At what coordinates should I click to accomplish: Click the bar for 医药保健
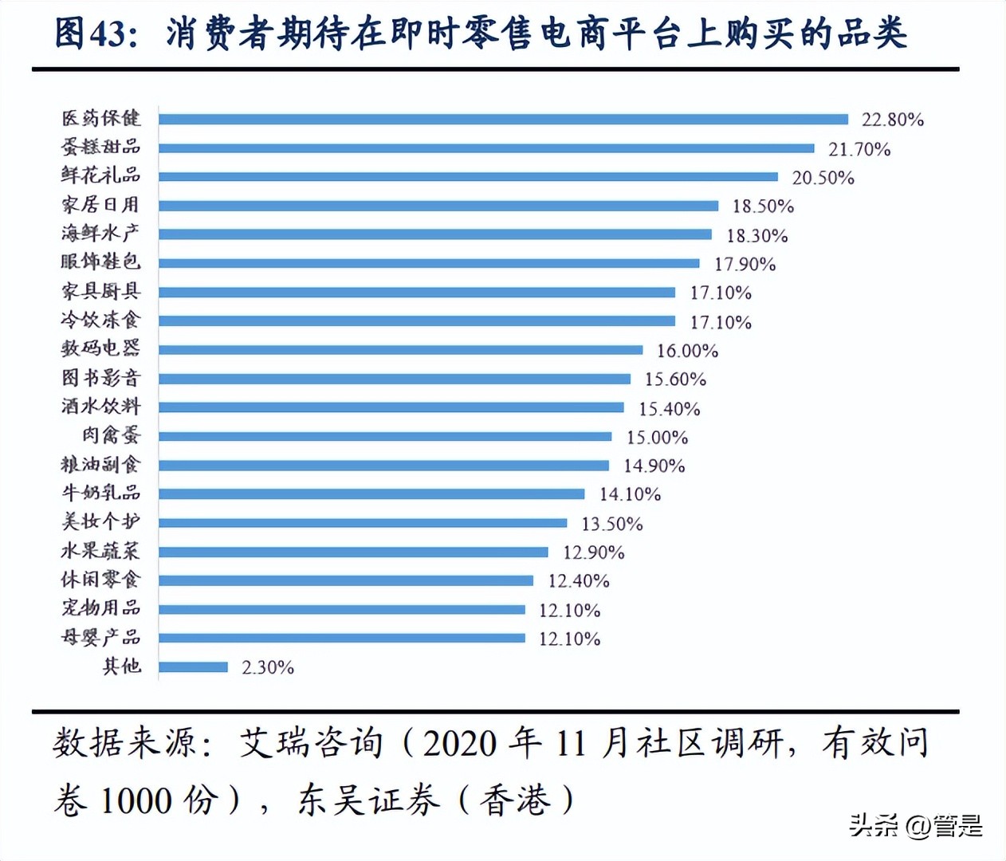[503, 120]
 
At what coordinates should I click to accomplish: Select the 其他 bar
[193, 666]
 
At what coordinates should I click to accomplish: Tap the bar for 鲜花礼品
[468, 177]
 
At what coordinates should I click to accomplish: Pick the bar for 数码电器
[400, 350]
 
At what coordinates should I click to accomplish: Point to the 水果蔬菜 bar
[353, 552]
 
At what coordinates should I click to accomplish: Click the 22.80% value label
[892, 120]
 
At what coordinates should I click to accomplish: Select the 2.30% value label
[268, 667]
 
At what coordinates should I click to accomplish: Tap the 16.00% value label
[687, 351]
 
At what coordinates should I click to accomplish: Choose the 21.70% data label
[859, 149]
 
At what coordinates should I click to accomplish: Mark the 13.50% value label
[611, 524]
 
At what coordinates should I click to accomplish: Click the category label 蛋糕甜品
[100, 147]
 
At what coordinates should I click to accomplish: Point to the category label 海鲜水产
[100, 233]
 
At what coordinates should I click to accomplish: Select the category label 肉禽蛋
[111, 435]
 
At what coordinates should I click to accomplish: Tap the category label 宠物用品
[100, 608]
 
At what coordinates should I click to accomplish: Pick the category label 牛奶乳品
[100, 493]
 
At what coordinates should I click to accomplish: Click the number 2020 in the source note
[460, 744]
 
